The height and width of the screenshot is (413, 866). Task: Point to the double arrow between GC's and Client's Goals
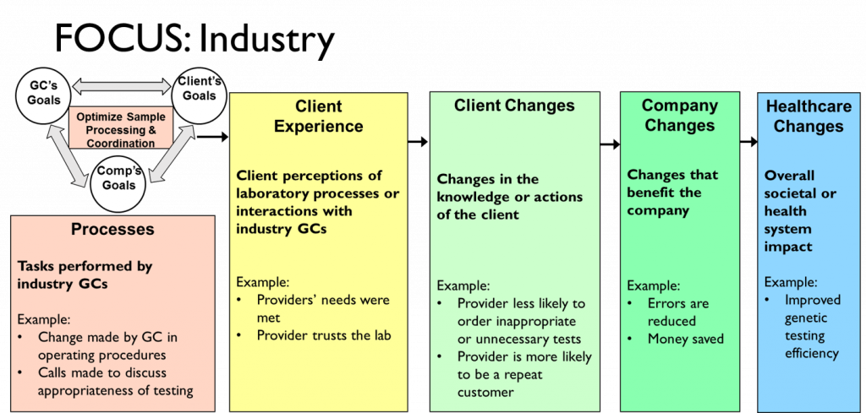[122, 87]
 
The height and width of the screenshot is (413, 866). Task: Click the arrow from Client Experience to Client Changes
[418, 142]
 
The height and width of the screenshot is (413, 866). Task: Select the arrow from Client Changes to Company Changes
[610, 144]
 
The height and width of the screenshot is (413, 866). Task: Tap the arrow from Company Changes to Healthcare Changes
[748, 142]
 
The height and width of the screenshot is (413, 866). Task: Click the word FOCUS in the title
[123, 39]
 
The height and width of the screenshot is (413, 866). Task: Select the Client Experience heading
[319, 115]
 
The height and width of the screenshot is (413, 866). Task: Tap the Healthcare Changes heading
[808, 117]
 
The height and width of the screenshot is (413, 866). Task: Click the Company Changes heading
[679, 115]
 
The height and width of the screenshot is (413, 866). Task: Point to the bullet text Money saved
[685, 338]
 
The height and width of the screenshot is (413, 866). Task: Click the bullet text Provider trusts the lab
[324, 335]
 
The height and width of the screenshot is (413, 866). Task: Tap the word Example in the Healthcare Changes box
[791, 282]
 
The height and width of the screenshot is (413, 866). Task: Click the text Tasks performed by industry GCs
[85, 274]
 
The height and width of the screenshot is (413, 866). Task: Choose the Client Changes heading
[514, 106]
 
